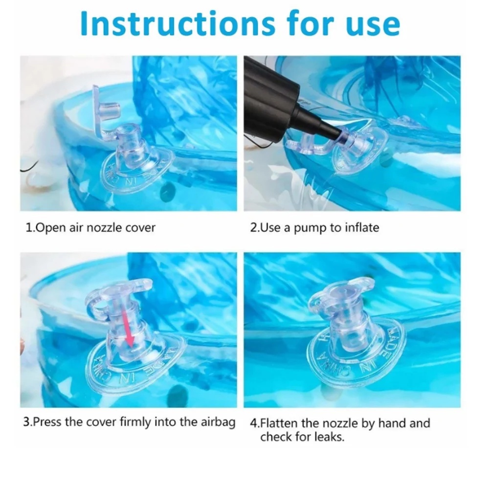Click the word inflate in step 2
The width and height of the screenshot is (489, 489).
coord(362,227)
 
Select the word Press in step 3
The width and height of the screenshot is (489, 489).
coord(47,422)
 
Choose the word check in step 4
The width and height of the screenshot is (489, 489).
coord(276,437)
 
